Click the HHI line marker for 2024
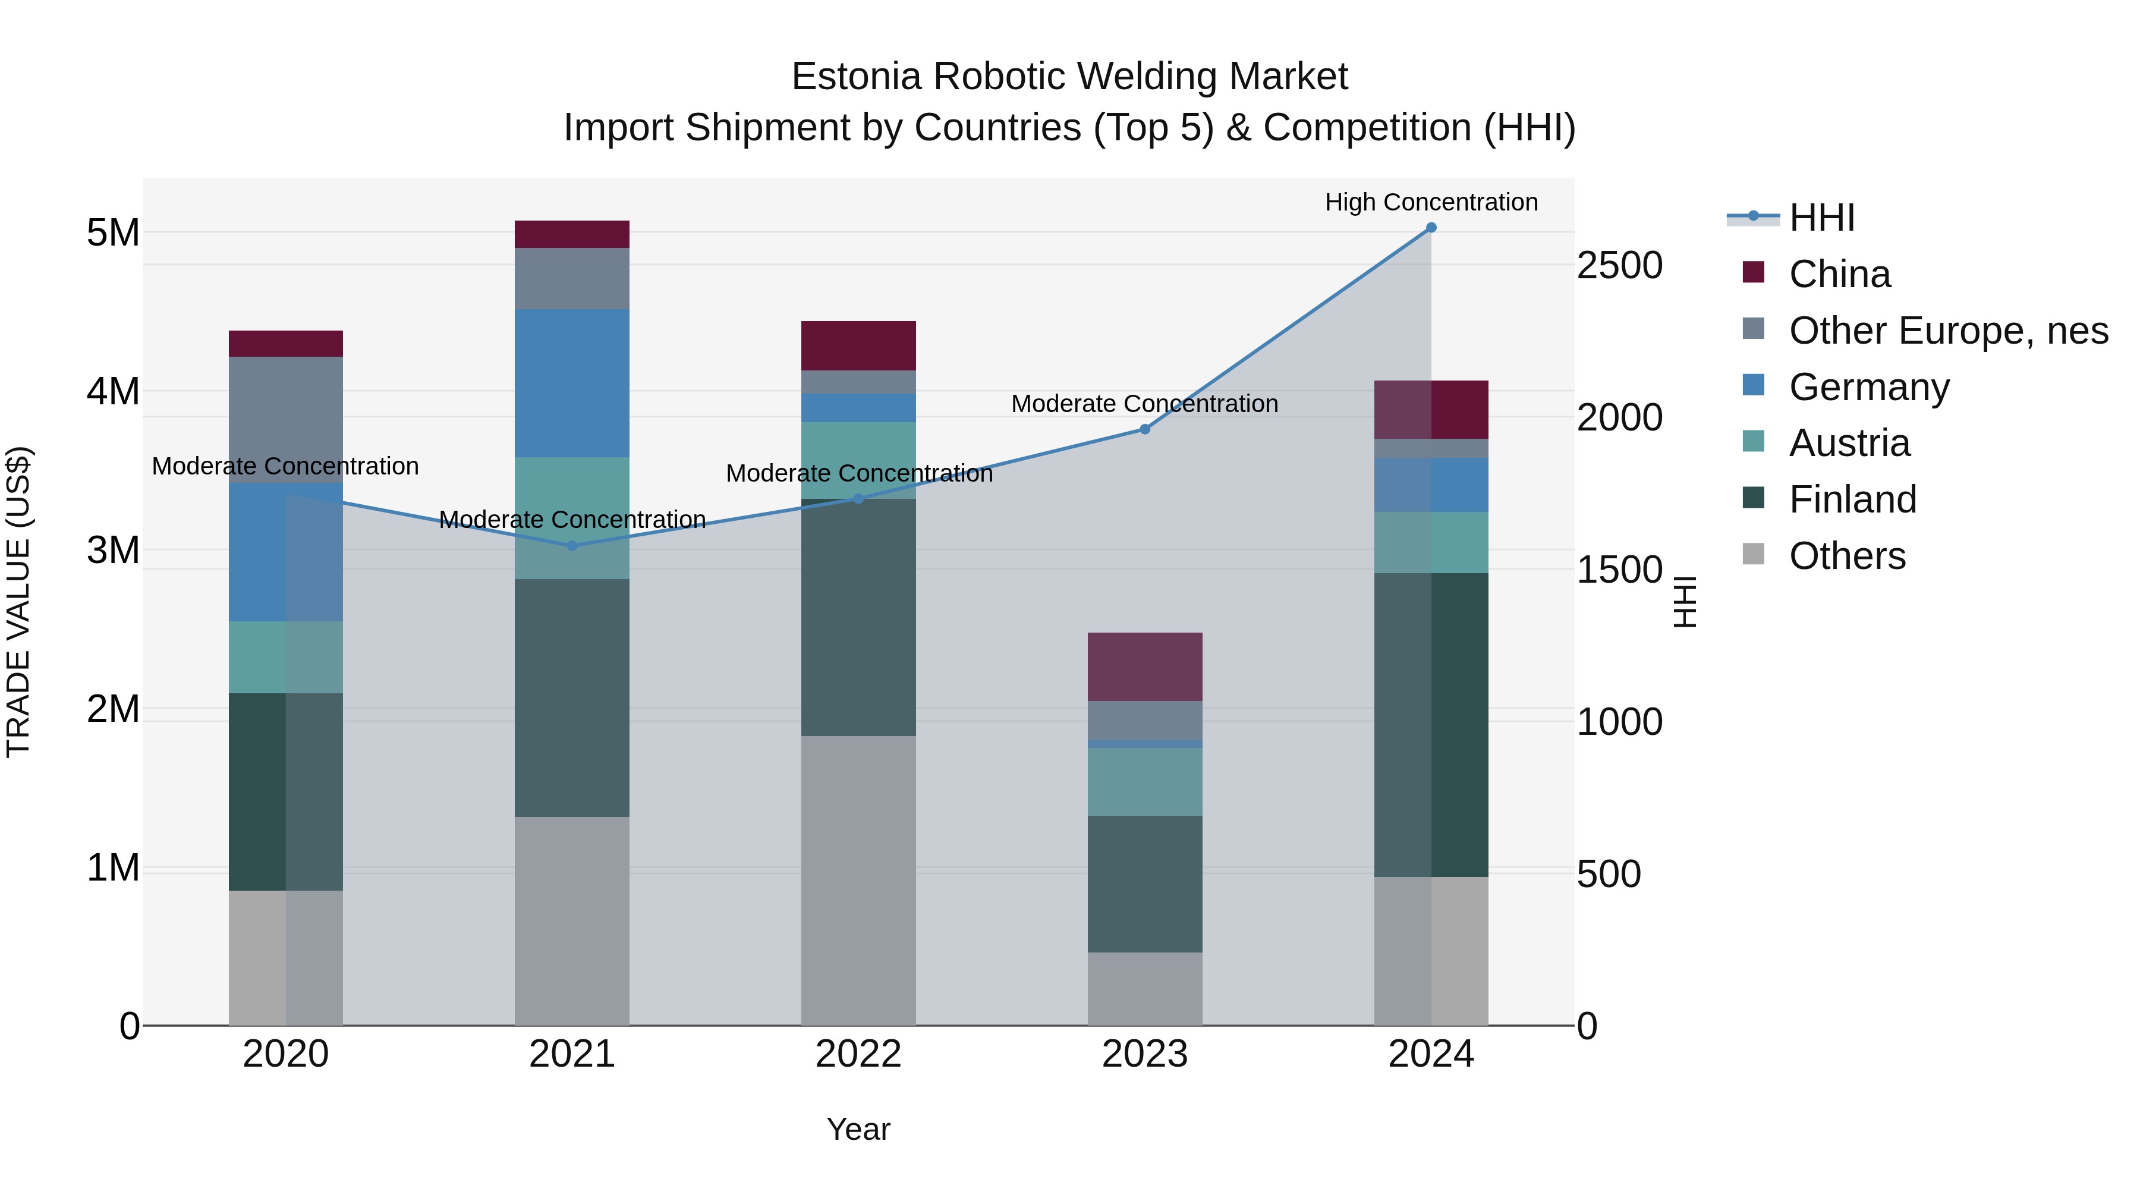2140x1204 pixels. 1431,228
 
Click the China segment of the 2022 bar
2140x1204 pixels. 858,345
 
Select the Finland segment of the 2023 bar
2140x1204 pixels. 1145,884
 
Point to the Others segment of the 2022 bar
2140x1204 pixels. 858,881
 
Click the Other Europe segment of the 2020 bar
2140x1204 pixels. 286,420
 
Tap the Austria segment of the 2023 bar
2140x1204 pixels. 1145,782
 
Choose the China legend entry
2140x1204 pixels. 1839,274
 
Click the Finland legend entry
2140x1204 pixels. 1852,499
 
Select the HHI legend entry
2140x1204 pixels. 1821,218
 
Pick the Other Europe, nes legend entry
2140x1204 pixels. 1948,331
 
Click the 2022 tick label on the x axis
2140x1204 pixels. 858,1054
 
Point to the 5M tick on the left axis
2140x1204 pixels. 113,232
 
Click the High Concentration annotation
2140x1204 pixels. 1431,202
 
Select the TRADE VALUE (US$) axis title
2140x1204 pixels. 18,602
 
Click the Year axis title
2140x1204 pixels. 858,1129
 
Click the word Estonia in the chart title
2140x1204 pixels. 855,77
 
